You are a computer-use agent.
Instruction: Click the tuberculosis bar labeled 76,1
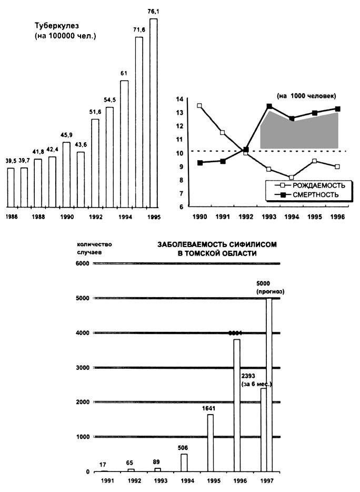[154, 113]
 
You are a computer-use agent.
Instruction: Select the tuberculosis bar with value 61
[124, 143]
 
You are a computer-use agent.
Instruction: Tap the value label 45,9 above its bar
[67, 135]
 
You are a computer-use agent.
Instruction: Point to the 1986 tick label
[11, 217]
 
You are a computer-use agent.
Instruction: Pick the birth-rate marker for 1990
[199, 105]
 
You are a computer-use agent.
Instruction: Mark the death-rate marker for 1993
[269, 106]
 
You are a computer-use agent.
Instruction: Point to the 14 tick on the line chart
[179, 99]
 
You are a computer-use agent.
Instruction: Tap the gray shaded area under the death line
[300, 134]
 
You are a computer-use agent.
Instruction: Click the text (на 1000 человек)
[306, 95]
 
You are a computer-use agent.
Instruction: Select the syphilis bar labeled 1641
[211, 442]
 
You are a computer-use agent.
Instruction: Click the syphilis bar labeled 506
[184, 463]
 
